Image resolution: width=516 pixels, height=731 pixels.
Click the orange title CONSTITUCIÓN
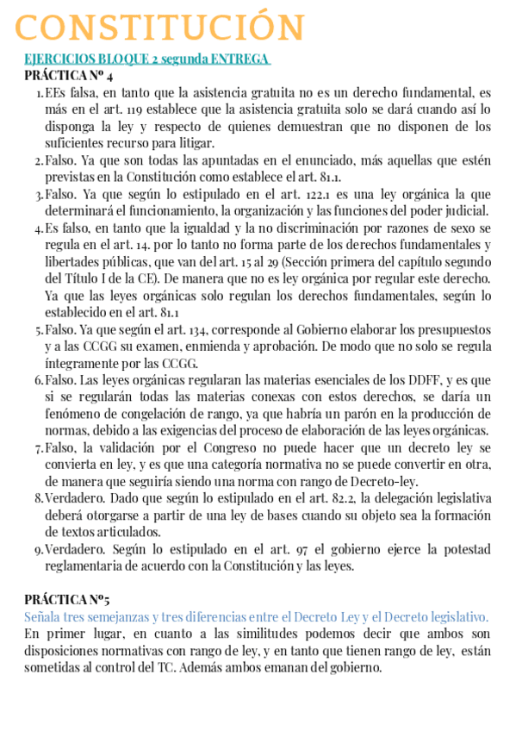160,28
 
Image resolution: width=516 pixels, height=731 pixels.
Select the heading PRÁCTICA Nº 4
69,75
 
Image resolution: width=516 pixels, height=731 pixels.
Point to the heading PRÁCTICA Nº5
67,599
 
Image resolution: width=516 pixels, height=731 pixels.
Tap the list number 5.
38,329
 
